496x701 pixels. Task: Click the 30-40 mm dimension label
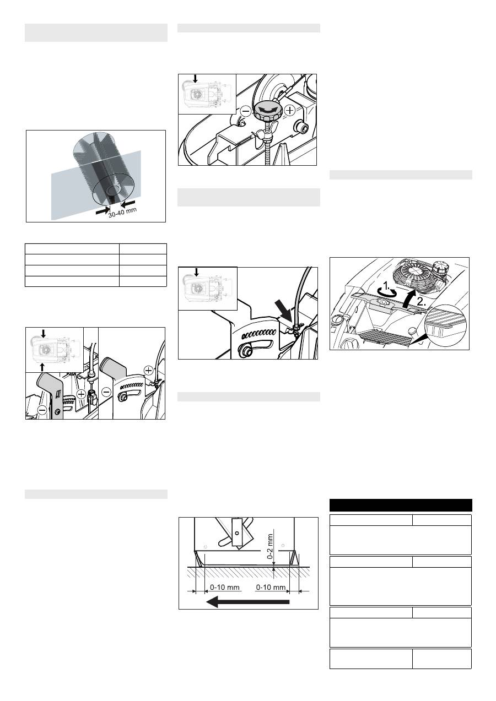click(x=122, y=212)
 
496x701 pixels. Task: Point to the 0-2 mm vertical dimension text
click(x=270, y=546)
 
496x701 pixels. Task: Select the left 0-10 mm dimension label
click(x=224, y=587)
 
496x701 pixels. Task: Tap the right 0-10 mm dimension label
click(x=271, y=587)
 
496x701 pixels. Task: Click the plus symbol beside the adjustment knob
click(x=290, y=110)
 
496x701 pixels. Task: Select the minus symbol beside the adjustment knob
click(x=246, y=111)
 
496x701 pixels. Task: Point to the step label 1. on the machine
click(x=387, y=286)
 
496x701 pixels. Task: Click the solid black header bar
click(x=401, y=505)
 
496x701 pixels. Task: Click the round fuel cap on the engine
click(x=440, y=267)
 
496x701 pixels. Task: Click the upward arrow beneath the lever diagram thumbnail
click(x=42, y=367)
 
